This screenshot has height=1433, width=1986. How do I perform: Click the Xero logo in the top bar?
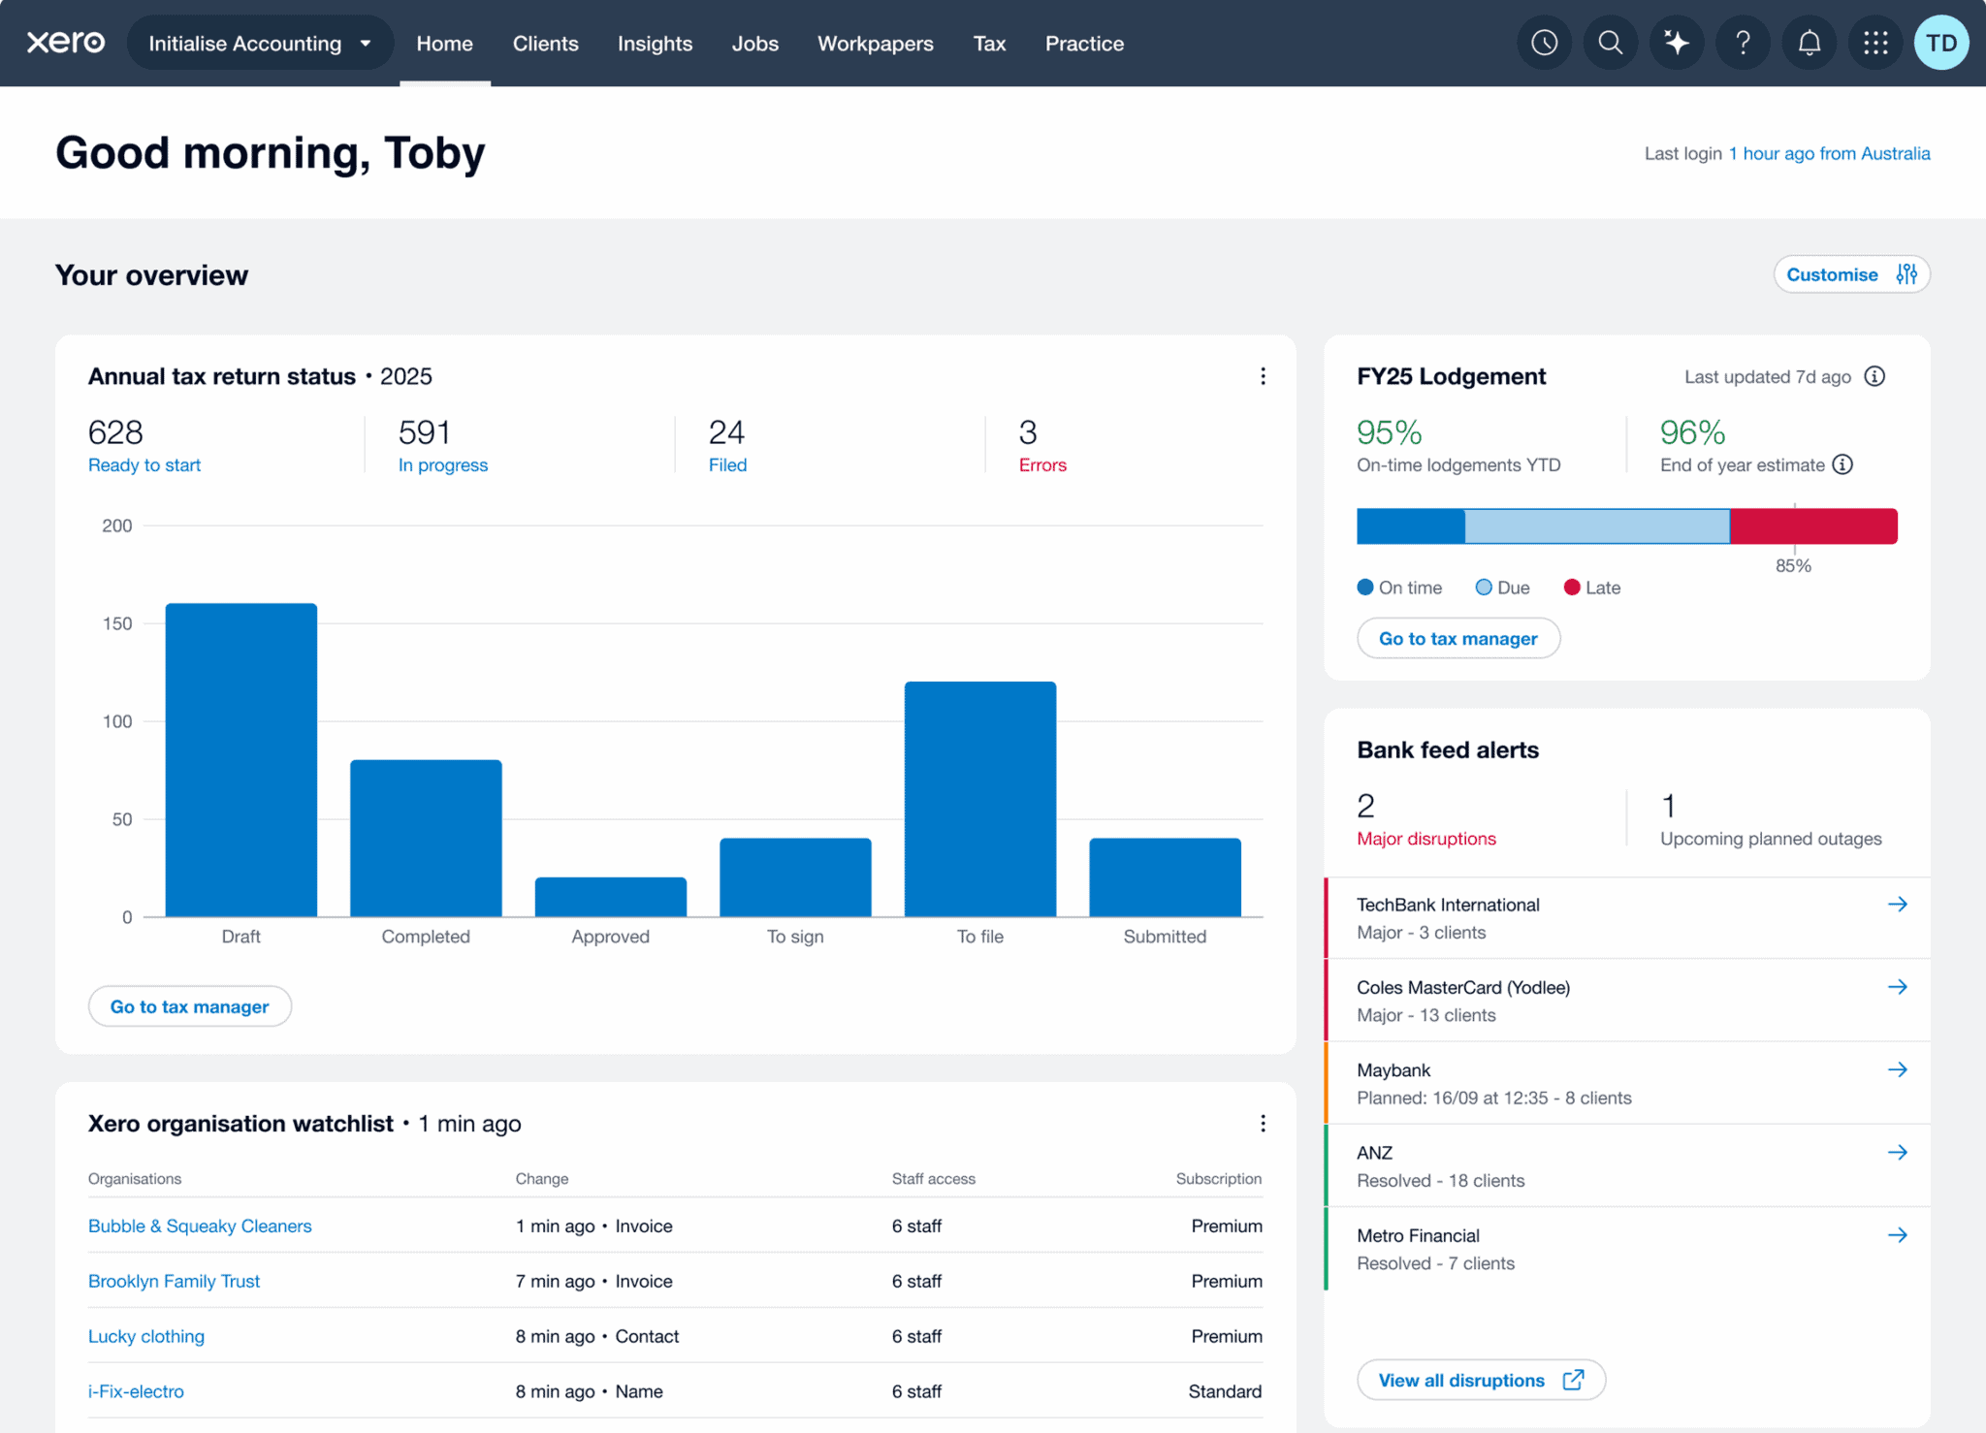point(66,43)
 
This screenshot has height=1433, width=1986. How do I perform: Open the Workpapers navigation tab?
point(875,44)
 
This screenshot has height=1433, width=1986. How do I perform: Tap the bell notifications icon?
point(1809,43)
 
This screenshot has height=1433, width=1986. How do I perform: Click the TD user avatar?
point(1940,43)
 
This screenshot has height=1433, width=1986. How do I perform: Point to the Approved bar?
point(610,897)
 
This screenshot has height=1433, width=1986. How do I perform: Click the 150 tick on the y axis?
point(117,623)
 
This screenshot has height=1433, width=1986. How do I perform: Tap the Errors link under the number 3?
point(1041,465)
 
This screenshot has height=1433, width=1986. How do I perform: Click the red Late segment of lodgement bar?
point(1812,525)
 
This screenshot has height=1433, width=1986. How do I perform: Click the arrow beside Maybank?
point(1897,1069)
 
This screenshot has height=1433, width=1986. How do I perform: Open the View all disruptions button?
point(1480,1380)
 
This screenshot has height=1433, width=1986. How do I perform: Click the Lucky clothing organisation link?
point(146,1336)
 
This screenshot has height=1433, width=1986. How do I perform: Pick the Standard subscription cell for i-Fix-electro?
point(1224,1391)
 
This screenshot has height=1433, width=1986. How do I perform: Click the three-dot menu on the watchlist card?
point(1262,1123)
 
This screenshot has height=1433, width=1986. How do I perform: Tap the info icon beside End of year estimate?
point(1842,464)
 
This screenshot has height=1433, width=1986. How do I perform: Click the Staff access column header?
point(933,1179)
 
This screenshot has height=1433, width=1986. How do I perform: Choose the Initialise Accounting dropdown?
point(259,44)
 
